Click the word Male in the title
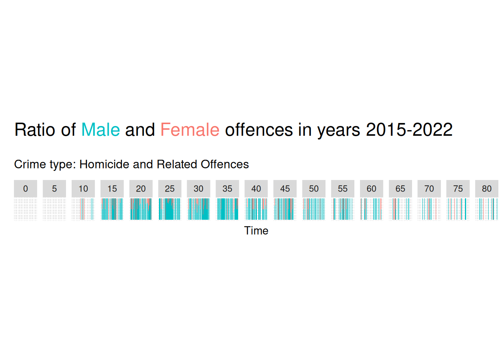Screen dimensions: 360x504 pyautogui.click(x=100, y=130)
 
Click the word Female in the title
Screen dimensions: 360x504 pyautogui.click(x=190, y=130)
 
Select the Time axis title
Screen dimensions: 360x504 pyautogui.click(x=256, y=231)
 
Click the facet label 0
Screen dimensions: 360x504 pyautogui.click(x=25, y=189)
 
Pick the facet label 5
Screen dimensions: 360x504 pyautogui.click(x=54, y=189)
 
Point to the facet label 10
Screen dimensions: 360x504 pyautogui.click(x=83, y=189)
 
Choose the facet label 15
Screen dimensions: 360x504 pyautogui.click(x=112, y=189)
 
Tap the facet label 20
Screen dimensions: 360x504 pyautogui.click(x=141, y=189)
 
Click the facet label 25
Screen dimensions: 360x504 pyautogui.click(x=170, y=189)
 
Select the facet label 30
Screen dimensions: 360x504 pyautogui.click(x=198, y=189)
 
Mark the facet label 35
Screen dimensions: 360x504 pyautogui.click(x=227, y=189)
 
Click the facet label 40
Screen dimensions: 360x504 pyautogui.click(x=256, y=189)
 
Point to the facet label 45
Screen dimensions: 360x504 pyautogui.click(x=285, y=189)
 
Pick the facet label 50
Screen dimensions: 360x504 pyautogui.click(x=314, y=189)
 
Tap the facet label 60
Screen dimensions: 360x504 pyautogui.click(x=372, y=189)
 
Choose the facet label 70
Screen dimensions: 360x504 pyautogui.click(x=429, y=189)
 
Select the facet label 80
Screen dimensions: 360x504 pyautogui.click(x=487, y=189)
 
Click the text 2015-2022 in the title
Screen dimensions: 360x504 pyautogui.click(x=409, y=130)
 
